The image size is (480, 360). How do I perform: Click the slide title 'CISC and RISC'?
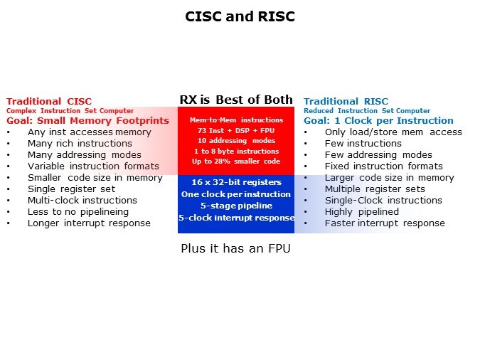[x=240, y=16]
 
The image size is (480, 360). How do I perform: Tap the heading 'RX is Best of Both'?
[x=236, y=100]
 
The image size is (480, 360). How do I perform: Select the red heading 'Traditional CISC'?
[x=49, y=102]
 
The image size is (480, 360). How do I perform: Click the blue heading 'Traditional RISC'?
[x=346, y=102]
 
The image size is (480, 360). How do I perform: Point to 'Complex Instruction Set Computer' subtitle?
[x=70, y=110]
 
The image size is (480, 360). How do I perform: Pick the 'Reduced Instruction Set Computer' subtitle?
[x=367, y=110]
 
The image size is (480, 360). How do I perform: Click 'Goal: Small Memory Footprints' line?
[x=88, y=120]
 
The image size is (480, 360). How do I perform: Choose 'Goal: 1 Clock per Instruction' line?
[x=378, y=120]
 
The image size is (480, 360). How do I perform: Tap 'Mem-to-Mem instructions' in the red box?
[x=236, y=120]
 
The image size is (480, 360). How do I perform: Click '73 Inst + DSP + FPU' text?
[x=236, y=130]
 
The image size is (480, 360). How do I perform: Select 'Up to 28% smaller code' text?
[x=236, y=162]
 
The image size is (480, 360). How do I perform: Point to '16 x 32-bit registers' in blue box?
[x=236, y=182]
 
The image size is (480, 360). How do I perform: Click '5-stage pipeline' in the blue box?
[x=236, y=206]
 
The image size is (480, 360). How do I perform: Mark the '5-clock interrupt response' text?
[x=236, y=218]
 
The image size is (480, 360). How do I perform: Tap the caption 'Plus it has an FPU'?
[x=235, y=248]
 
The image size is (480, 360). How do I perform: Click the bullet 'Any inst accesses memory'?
[x=90, y=132]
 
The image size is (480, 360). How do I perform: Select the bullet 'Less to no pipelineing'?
[x=78, y=212]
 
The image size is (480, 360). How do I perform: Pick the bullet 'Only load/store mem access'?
[x=393, y=132]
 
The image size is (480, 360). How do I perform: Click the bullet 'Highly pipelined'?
[x=362, y=212]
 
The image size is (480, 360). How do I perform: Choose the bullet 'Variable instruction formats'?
[x=93, y=166]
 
